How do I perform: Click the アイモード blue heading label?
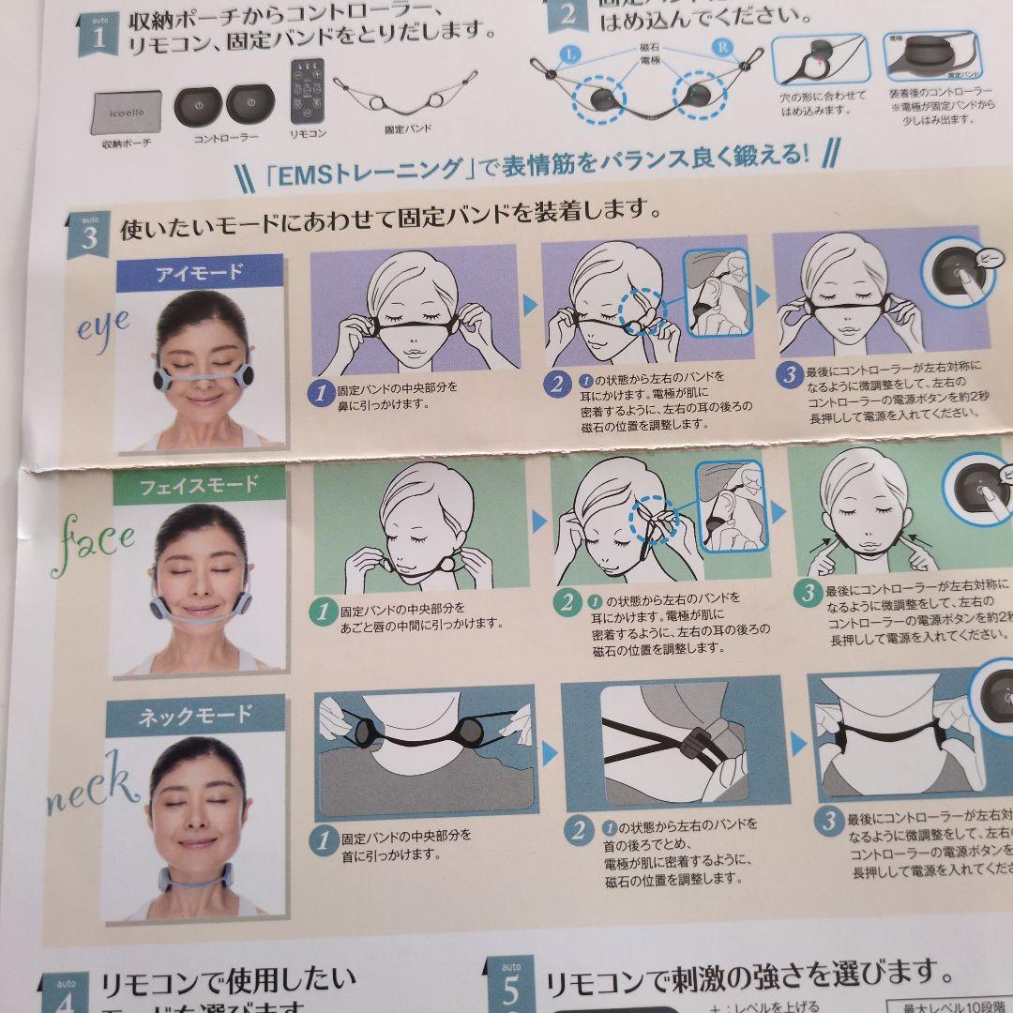[x=199, y=272]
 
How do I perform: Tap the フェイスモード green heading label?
[x=198, y=486]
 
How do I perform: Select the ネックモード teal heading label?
[x=195, y=717]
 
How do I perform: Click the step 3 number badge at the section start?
[x=89, y=234]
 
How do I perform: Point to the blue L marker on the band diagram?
[x=571, y=54]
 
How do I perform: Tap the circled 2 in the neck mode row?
[x=579, y=831]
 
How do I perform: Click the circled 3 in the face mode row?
[x=806, y=593]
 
